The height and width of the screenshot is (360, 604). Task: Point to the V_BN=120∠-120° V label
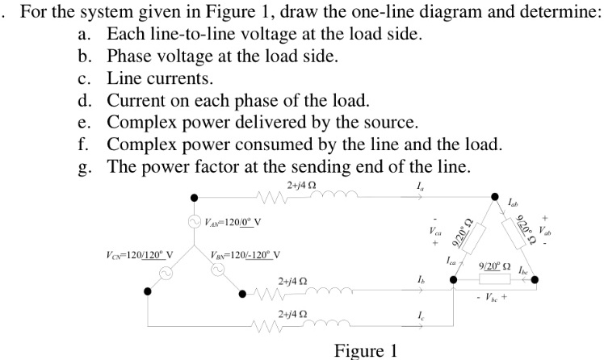tap(245, 257)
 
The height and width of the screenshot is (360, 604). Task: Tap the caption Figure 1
tap(366, 350)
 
